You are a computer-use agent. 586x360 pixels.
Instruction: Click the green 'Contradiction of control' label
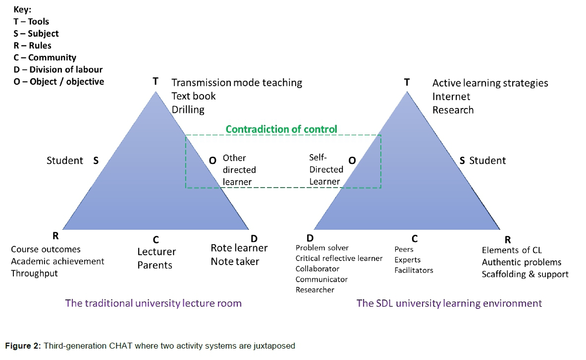(281, 129)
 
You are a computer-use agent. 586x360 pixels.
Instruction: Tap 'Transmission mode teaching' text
(237, 83)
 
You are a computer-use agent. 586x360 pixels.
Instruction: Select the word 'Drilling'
(188, 109)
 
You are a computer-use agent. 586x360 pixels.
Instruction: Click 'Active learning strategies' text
(490, 83)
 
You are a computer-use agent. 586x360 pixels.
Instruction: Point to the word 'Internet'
(451, 96)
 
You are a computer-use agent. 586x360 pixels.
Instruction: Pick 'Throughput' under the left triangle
(34, 273)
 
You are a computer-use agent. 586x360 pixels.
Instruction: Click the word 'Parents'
(155, 265)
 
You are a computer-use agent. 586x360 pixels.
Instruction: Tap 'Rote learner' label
(239, 248)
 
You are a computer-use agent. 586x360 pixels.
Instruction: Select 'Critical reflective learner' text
(339, 258)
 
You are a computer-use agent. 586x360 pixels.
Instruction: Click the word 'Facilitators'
(414, 270)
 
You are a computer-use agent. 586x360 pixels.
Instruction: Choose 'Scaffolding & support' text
(525, 274)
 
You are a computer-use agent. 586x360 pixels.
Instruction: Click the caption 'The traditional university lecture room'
(153, 303)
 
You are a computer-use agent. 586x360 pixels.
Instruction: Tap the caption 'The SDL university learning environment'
(449, 303)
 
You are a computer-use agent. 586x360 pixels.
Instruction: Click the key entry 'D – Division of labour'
(58, 69)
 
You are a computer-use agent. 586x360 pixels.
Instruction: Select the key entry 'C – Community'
(45, 57)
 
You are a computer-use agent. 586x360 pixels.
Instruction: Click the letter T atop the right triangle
(407, 82)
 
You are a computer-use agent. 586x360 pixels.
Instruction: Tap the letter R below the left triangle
(55, 236)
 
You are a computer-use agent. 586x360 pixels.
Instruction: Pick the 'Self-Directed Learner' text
(326, 169)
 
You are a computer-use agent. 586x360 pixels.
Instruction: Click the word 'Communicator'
(321, 279)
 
